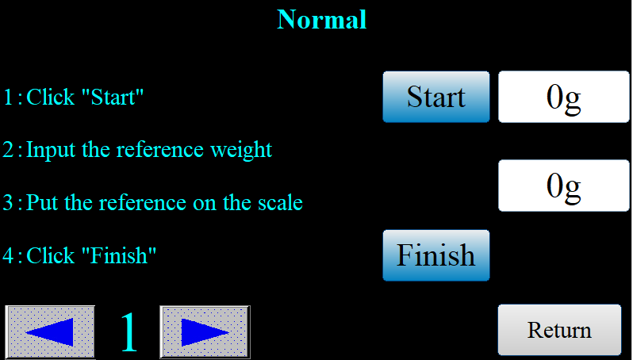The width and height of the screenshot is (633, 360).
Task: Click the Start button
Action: [x=436, y=97]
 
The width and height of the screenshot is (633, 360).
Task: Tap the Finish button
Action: [x=436, y=255]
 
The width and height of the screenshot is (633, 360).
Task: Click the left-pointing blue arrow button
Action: [x=51, y=331]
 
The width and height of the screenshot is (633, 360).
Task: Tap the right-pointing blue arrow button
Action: [x=205, y=331]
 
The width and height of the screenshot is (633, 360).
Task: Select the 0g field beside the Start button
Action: [x=563, y=97]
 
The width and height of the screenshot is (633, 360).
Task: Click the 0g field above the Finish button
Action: [x=563, y=186]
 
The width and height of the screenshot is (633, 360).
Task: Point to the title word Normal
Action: [x=322, y=19]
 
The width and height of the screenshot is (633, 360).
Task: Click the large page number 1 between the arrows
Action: [x=129, y=331]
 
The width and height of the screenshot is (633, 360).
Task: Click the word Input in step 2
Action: [x=51, y=151]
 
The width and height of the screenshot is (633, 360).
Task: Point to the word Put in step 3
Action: [x=43, y=202]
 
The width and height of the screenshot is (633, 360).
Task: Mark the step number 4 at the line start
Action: [x=9, y=255]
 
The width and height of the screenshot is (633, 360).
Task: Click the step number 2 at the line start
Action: [x=9, y=150]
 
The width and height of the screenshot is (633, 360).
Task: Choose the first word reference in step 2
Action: [x=160, y=150]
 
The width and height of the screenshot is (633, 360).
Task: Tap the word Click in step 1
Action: [x=51, y=97]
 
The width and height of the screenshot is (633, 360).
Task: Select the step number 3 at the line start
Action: [x=9, y=203]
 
